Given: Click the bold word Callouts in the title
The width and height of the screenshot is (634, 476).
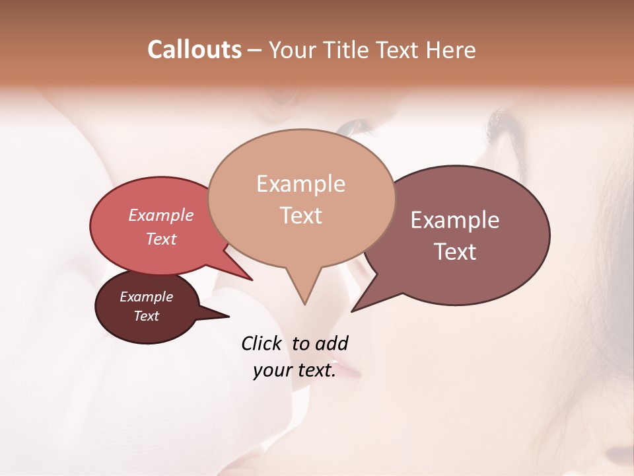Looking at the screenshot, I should click(194, 50).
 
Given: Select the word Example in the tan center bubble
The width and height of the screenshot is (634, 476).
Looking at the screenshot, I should click(300, 184).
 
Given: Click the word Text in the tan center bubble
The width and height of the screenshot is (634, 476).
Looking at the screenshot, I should click(300, 215).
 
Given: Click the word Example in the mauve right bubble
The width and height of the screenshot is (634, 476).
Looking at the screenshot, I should click(455, 220).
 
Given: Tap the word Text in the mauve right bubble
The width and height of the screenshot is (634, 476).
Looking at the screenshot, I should click(455, 251).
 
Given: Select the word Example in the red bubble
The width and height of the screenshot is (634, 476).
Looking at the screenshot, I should click(161, 216).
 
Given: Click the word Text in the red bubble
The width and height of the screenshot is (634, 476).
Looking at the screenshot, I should click(161, 239).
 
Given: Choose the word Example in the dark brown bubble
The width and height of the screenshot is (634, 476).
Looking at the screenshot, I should click(146, 297).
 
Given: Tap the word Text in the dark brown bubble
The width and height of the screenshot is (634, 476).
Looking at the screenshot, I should click(146, 316).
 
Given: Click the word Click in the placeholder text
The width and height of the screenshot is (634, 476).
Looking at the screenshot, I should click(262, 343).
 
